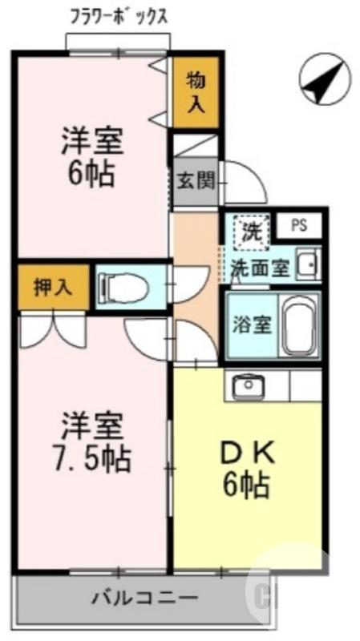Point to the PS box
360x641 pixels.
tap(299, 225)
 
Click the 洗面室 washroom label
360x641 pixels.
tap(260, 268)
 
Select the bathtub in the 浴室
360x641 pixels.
tap(299, 327)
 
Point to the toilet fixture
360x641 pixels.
tap(120, 286)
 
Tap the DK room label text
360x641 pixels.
tap(249, 453)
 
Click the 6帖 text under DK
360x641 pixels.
tap(247, 485)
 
